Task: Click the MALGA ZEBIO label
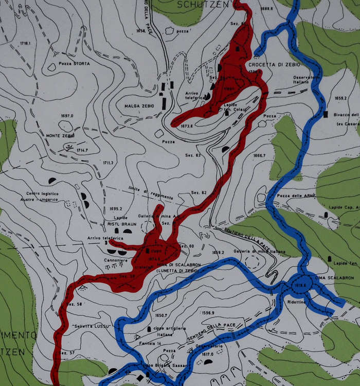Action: (139, 106)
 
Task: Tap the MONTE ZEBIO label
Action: (60, 135)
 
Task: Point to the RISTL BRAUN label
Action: (121, 224)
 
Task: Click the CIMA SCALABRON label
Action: (334, 277)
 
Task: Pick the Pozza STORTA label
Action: (75, 64)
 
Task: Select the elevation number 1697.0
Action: (67, 116)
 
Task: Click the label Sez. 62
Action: (199, 192)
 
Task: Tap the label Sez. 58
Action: (75, 304)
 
